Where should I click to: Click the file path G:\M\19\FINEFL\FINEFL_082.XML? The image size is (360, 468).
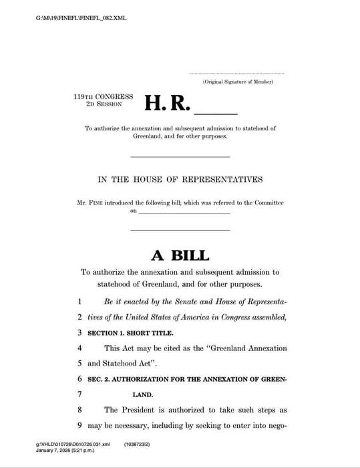[81, 17]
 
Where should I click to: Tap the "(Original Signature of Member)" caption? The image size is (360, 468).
[238, 82]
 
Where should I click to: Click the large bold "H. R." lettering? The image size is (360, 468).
[168, 103]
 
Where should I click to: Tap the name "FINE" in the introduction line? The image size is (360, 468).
[99, 203]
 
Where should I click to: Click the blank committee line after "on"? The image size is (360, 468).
[184, 212]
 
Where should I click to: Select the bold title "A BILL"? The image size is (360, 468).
[180, 255]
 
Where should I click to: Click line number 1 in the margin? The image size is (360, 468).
[79, 302]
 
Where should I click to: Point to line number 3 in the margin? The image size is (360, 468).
[79, 332]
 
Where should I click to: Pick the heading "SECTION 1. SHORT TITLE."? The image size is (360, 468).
[130, 332]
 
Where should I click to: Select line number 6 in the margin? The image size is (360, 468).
[79, 380]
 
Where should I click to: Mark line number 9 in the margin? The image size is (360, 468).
[79, 425]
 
